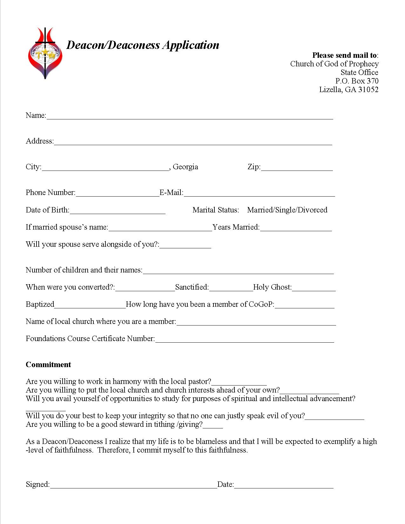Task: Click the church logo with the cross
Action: click(45, 53)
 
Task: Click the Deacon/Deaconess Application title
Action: click(143, 45)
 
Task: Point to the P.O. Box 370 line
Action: click(357, 81)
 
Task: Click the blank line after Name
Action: click(190, 116)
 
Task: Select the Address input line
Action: click(193, 142)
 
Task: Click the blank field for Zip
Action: click(297, 168)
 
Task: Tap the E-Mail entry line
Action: click(259, 193)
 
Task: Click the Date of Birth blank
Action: click(117, 211)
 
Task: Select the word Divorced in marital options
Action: click(313, 210)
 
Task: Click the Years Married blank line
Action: click(296, 228)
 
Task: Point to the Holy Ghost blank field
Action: click(314, 288)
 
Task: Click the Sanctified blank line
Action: click(231, 288)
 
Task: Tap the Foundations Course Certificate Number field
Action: click(245, 339)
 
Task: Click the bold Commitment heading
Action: click(48, 365)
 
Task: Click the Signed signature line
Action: click(133, 485)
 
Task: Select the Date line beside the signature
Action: click(284, 485)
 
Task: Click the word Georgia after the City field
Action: click(186, 167)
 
